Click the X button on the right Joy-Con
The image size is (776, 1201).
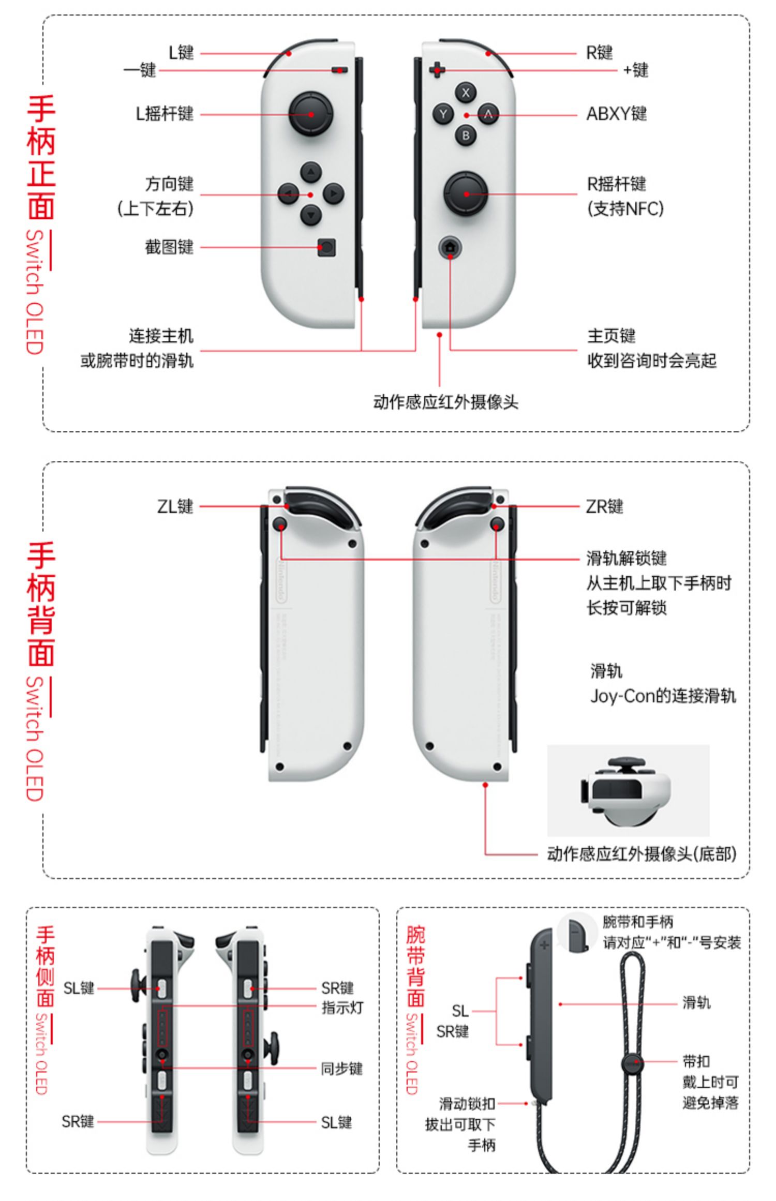click(466, 93)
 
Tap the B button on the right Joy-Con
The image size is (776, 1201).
click(466, 136)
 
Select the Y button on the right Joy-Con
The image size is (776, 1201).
click(443, 114)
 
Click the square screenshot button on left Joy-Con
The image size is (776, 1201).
click(326, 247)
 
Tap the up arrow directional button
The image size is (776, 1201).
click(310, 172)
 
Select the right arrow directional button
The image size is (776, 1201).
click(333, 194)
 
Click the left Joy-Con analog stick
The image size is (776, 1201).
click(310, 114)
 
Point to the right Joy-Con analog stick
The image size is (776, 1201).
click(466, 194)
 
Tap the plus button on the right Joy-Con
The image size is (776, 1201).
click(437, 69)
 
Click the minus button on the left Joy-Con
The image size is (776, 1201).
click(339, 70)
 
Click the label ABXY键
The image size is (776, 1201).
click(616, 114)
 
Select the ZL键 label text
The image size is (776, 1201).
click(175, 506)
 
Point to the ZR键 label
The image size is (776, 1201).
click(604, 506)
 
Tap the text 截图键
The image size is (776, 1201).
click(169, 247)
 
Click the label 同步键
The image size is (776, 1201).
click(341, 1069)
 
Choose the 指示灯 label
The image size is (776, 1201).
click(342, 1008)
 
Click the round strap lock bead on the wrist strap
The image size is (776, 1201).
click(632, 1063)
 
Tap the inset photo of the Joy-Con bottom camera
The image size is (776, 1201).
click(628, 790)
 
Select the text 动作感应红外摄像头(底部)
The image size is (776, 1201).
click(641, 854)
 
